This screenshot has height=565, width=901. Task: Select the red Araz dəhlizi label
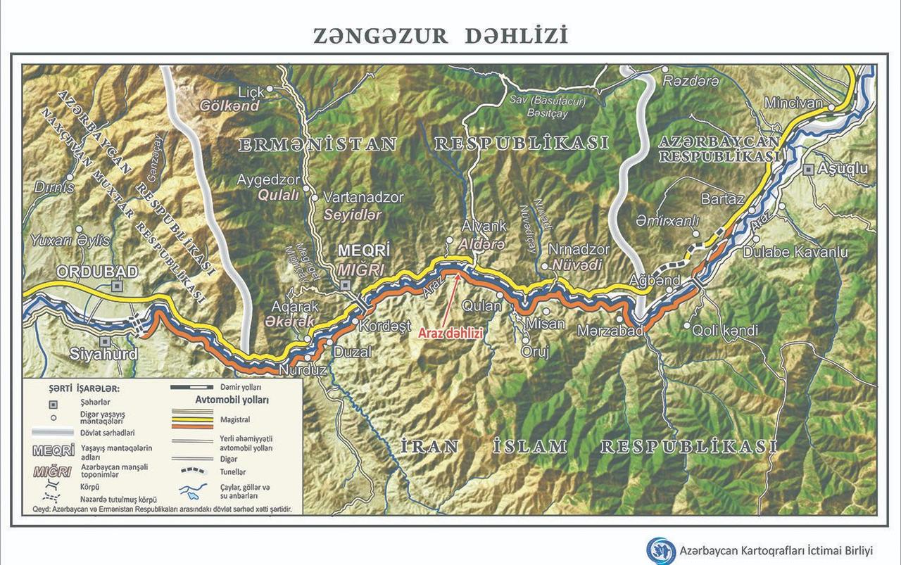(450, 334)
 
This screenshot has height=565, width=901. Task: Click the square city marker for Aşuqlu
(809, 169)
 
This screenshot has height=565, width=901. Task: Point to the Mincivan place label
(793, 103)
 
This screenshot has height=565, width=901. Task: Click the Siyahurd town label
(103, 355)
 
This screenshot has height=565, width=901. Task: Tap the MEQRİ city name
(364, 250)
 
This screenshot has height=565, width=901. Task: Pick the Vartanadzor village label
(363, 198)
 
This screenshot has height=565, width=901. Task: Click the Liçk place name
(251, 92)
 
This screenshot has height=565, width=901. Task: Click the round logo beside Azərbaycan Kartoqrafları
(661, 550)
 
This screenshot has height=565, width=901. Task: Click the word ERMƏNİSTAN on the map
(317, 144)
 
